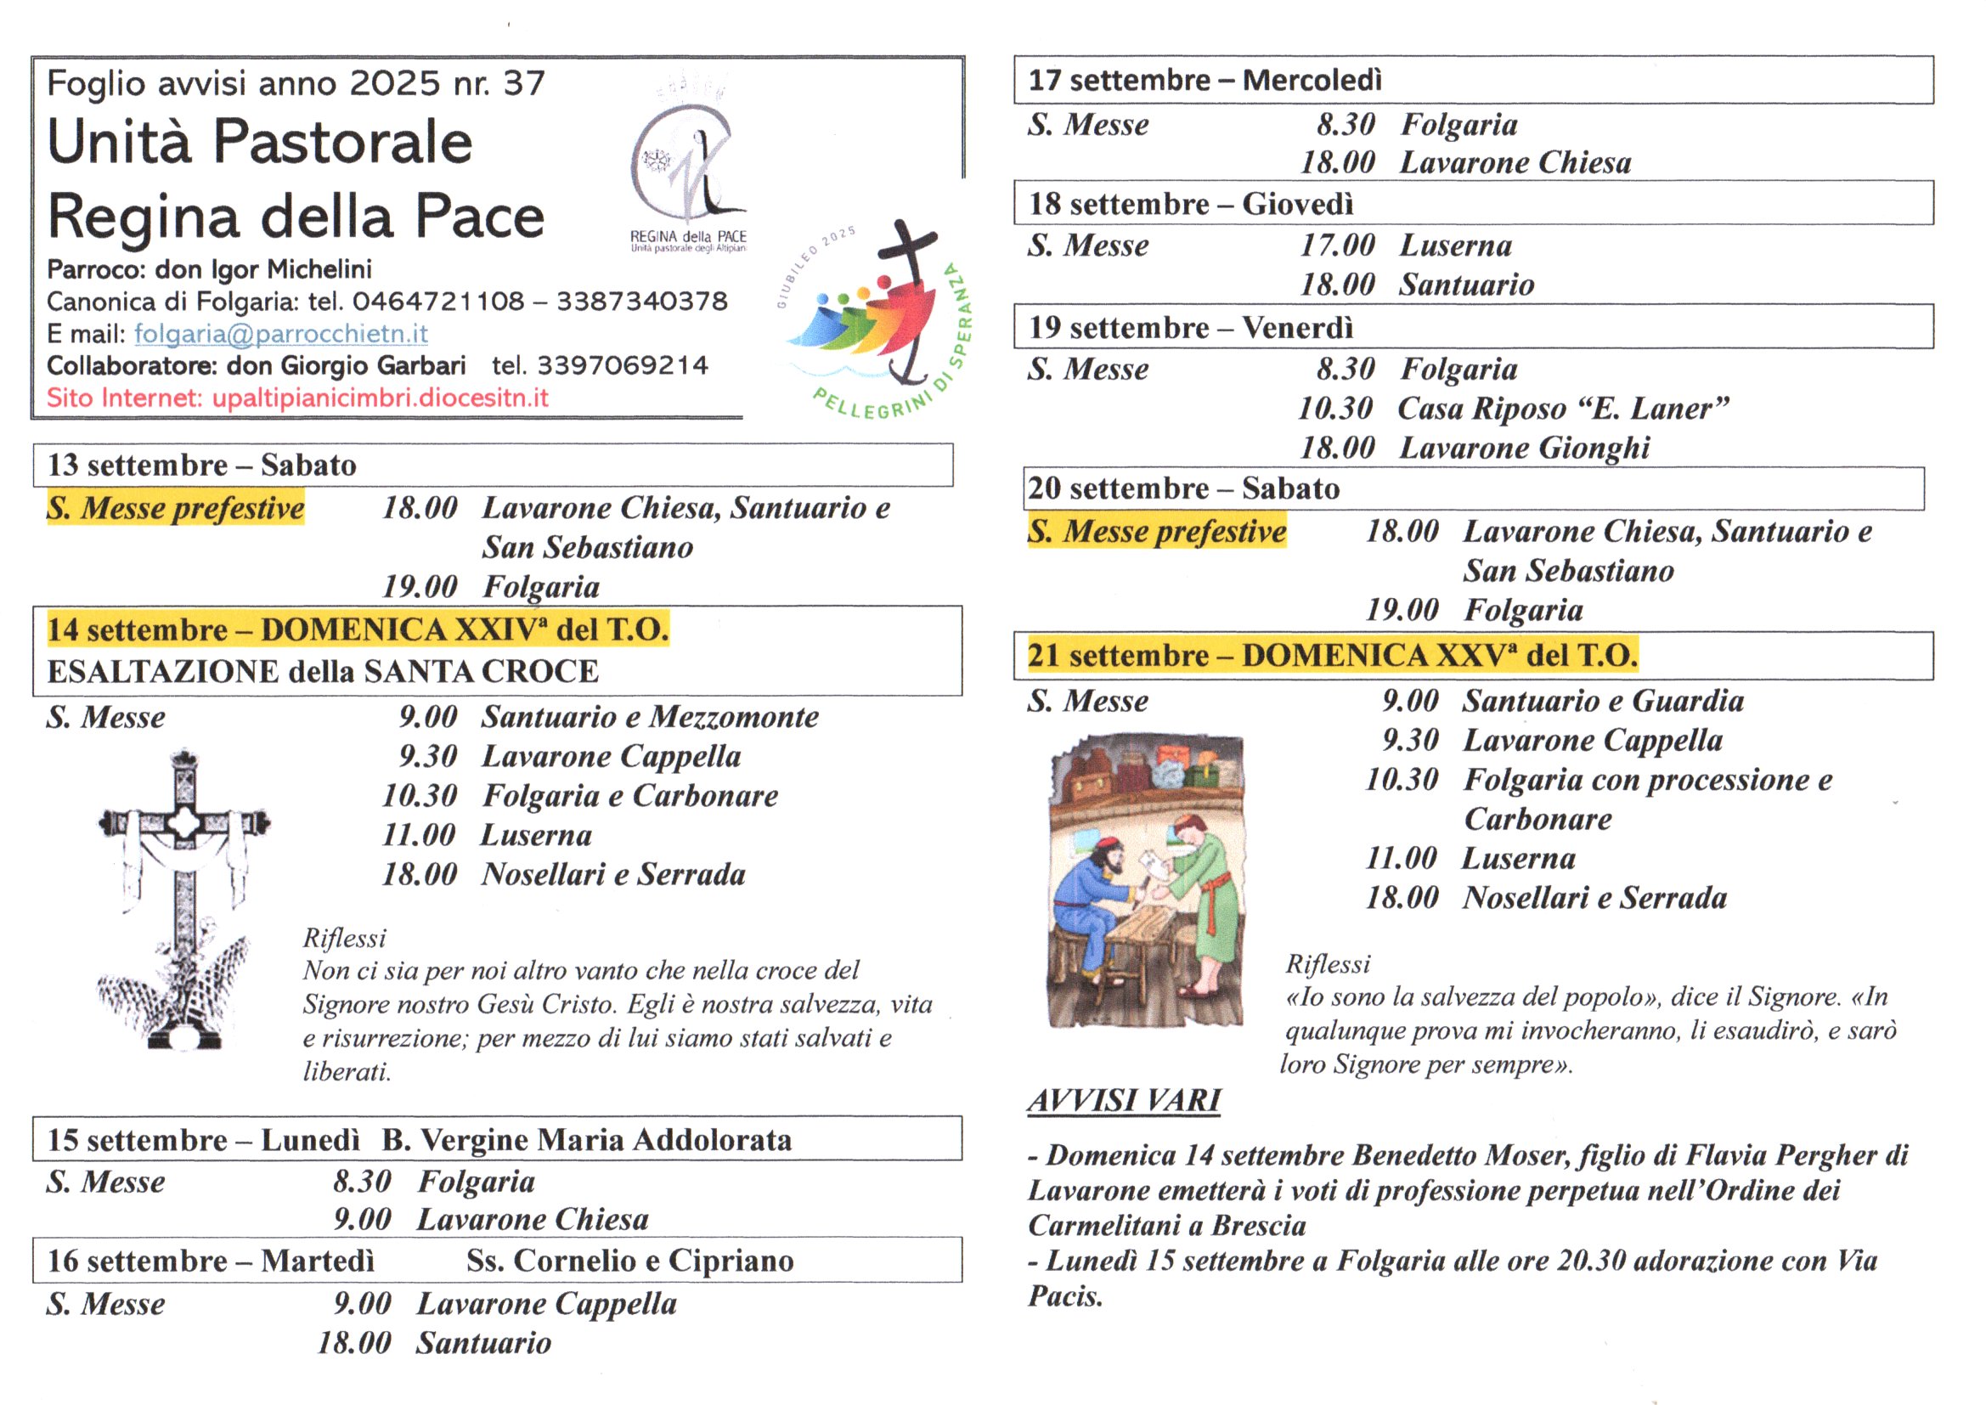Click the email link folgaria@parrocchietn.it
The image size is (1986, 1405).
tap(280, 333)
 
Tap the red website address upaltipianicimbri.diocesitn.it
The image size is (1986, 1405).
tap(380, 398)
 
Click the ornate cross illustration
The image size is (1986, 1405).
tap(183, 900)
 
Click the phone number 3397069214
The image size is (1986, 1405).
tap(622, 366)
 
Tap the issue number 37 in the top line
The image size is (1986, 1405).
tap(524, 83)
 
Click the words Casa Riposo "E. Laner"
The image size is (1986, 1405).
tap(1563, 409)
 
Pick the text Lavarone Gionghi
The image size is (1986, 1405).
tap(1524, 449)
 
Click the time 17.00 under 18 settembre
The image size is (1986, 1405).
tap(1337, 245)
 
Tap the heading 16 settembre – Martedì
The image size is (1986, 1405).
tap(210, 1261)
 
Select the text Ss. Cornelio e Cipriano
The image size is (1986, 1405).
tap(629, 1261)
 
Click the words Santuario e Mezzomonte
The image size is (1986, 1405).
tap(650, 716)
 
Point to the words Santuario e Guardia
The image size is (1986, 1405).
tap(1603, 701)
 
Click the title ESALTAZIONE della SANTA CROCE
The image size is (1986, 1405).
tap(323, 671)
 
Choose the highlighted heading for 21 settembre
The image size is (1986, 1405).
tap(1332, 655)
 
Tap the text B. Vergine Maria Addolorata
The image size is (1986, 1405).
tap(586, 1139)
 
